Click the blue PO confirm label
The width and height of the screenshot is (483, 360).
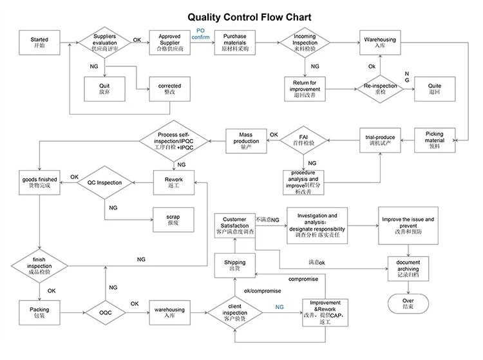click(x=201, y=33)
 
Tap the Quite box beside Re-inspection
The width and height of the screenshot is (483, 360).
click(x=435, y=88)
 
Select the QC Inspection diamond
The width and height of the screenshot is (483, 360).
click(x=104, y=183)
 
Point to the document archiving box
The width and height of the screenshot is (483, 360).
click(x=408, y=268)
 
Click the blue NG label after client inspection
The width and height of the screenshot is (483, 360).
click(x=279, y=307)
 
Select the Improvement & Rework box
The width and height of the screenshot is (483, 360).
click(x=325, y=314)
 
